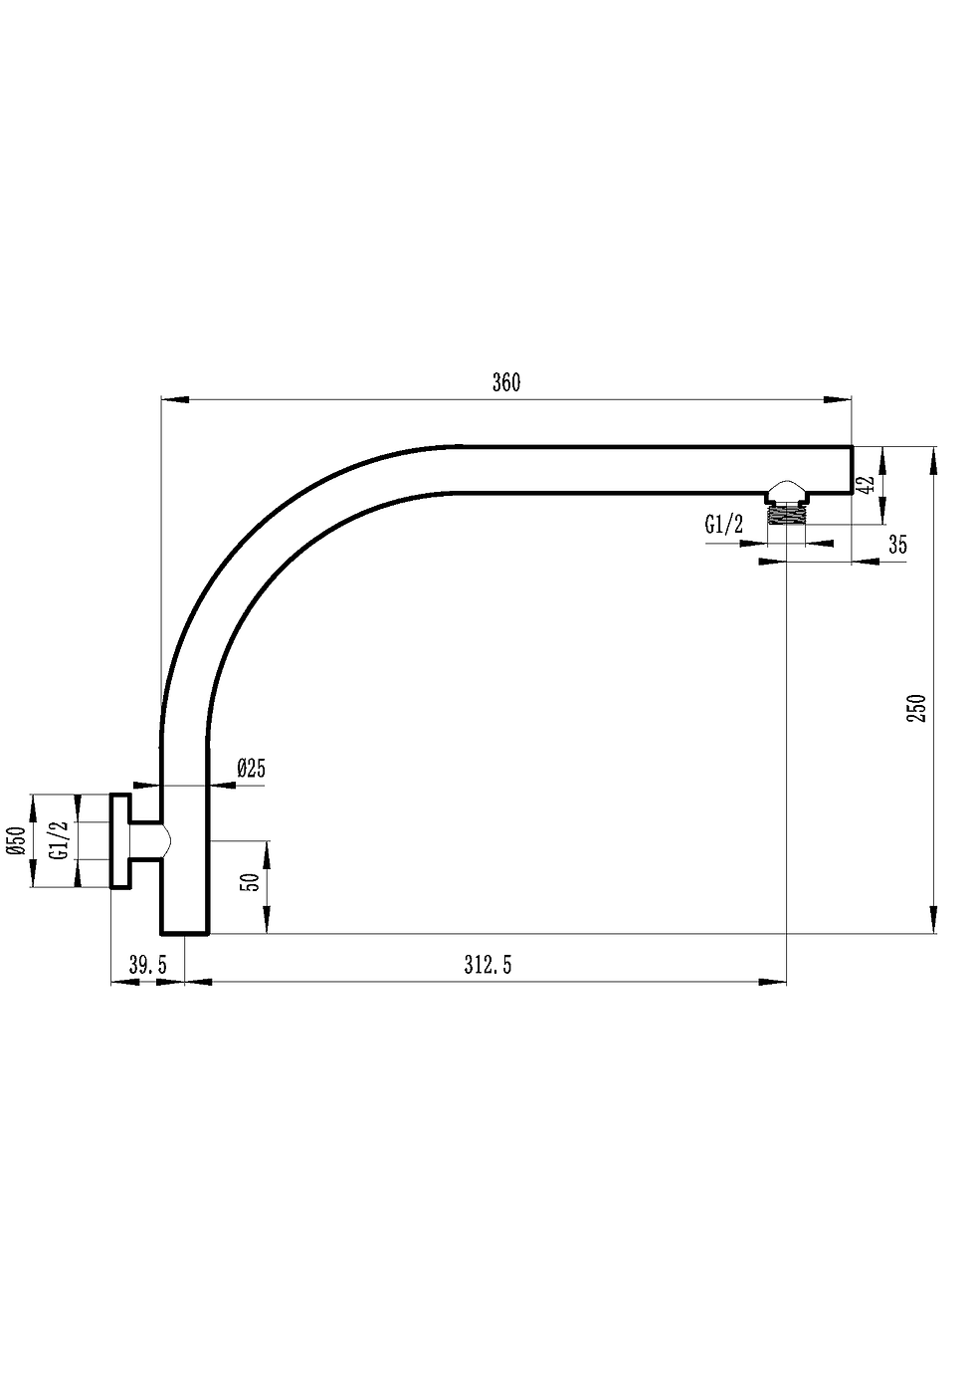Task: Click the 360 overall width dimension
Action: click(x=506, y=383)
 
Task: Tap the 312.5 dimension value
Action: click(x=487, y=964)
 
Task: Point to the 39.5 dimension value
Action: click(x=147, y=964)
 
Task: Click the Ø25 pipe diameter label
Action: click(x=251, y=768)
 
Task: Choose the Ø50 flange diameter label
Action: click(x=16, y=841)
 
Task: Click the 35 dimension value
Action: click(x=897, y=545)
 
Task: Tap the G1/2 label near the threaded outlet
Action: click(x=723, y=525)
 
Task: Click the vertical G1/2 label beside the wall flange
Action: click(x=59, y=841)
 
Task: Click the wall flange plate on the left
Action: click(x=119, y=840)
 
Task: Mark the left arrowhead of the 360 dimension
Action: click(x=175, y=400)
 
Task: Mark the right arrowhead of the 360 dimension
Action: click(x=838, y=400)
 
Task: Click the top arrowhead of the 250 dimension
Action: click(x=933, y=461)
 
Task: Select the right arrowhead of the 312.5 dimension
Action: click(x=772, y=983)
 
